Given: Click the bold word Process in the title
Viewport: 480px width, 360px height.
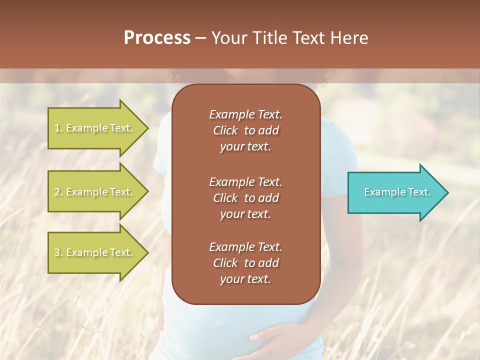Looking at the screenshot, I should [x=157, y=38].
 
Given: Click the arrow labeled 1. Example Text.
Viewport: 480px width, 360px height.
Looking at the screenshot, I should [x=95, y=128].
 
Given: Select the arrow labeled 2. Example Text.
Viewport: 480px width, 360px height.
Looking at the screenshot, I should [x=95, y=192].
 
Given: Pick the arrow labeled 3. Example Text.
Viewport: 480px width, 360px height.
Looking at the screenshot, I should [x=95, y=252].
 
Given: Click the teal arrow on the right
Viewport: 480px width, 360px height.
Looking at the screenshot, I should [x=395, y=192].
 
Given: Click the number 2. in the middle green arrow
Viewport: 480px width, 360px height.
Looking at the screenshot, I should [x=58, y=192].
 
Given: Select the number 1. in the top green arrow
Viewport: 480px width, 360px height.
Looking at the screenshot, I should [x=58, y=128].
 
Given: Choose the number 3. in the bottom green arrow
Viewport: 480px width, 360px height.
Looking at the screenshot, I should [x=58, y=252].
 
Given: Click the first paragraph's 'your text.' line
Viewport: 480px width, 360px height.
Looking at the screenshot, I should [x=245, y=147].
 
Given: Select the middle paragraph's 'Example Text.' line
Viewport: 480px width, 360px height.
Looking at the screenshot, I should [x=245, y=181].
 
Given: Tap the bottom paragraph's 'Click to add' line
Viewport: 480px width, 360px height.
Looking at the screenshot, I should [x=245, y=263].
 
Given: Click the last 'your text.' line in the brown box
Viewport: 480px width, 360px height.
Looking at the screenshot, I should [x=245, y=279].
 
